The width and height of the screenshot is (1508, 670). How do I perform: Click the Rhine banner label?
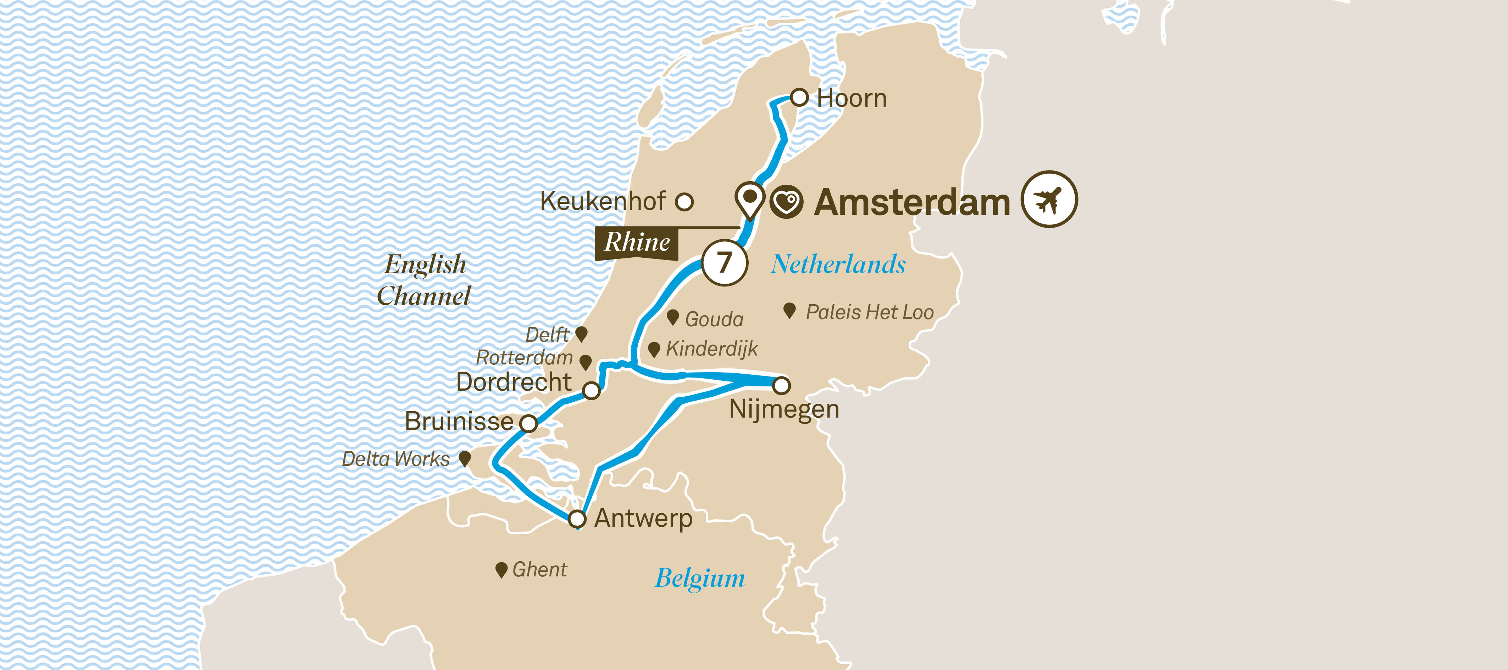[x=637, y=242]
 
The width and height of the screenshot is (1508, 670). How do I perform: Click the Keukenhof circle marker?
[x=684, y=202]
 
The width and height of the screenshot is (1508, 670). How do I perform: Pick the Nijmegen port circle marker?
[x=782, y=385]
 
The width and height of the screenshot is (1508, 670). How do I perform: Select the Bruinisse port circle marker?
[x=529, y=423]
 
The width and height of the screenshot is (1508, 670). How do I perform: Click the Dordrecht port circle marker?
[x=592, y=390]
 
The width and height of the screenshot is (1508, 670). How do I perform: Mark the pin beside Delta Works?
[x=465, y=458]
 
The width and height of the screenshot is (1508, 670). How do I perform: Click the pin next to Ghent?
[x=501, y=569]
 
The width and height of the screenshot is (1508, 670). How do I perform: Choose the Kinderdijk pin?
[x=654, y=349]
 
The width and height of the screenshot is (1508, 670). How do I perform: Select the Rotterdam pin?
[x=586, y=362]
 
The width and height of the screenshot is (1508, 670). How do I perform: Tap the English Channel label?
[x=425, y=280]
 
